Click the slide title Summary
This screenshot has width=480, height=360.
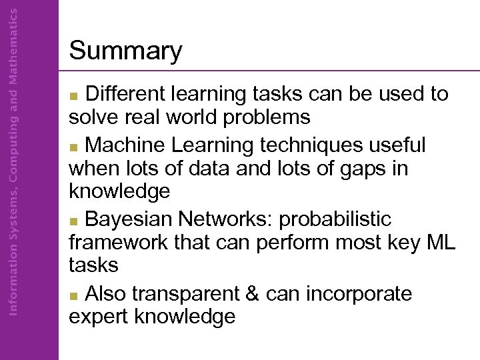(125, 51)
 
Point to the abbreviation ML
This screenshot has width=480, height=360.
(440, 242)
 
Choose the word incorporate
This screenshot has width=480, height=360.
(360, 295)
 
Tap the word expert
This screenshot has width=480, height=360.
(99, 317)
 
